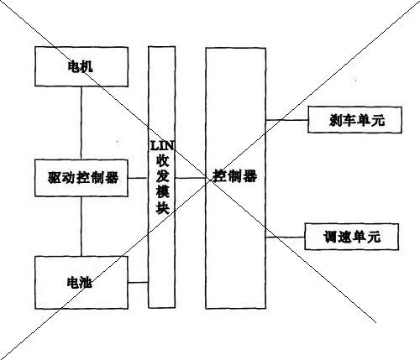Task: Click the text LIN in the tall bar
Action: click(162, 145)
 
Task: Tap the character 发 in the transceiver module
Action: click(162, 177)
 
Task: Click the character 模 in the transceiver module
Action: click(162, 192)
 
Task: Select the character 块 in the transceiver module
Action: click(162, 207)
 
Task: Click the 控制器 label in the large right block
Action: click(235, 176)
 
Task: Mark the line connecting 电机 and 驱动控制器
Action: click(81, 123)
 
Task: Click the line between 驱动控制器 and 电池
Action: click(81, 227)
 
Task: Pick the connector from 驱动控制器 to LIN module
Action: click(138, 178)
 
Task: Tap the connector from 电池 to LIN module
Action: click(138, 283)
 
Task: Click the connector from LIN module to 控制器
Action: click(191, 178)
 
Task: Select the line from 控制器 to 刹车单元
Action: click(286, 120)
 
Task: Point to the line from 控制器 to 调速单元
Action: click(285, 237)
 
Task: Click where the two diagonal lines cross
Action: click(209, 179)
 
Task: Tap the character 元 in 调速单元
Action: click(374, 237)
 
